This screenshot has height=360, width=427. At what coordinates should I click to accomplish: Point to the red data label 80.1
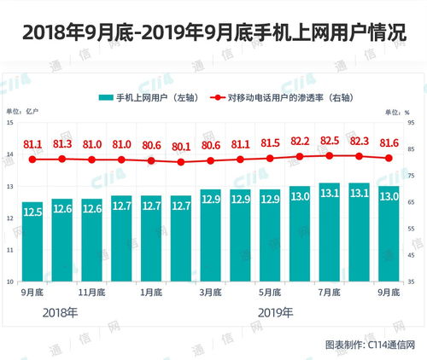pyautogui.click(x=181, y=146)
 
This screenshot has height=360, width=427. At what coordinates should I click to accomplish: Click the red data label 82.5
pyautogui.click(x=330, y=140)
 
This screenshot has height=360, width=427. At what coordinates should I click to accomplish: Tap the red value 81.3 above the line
pyautogui.click(x=62, y=143)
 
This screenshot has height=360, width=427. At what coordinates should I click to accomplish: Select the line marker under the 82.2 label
pyautogui.click(x=300, y=157)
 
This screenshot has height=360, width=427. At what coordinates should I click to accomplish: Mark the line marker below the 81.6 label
pyautogui.click(x=389, y=159)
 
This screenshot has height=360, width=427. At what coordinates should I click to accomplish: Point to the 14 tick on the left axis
pyautogui.click(x=9, y=154)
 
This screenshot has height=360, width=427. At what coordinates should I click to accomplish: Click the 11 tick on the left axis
pyautogui.click(x=9, y=250)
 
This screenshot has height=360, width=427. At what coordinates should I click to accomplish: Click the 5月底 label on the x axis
pyautogui.click(x=271, y=292)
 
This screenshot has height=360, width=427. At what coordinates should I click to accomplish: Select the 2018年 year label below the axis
pyautogui.click(x=60, y=313)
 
